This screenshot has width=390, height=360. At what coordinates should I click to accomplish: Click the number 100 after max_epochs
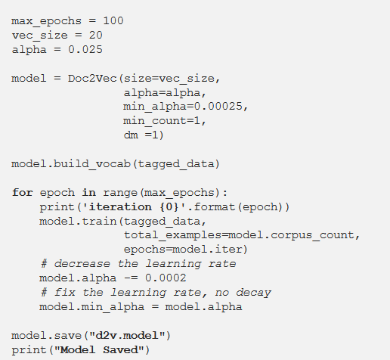click(113, 20)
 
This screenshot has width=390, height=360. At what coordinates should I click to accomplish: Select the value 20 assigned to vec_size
click(94, 35)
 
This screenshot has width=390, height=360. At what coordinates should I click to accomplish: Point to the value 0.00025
click(216, 107)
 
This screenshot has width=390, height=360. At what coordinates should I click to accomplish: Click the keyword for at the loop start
click(23, 193)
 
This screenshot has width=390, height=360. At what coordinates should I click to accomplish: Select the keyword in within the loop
click(88, 193)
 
